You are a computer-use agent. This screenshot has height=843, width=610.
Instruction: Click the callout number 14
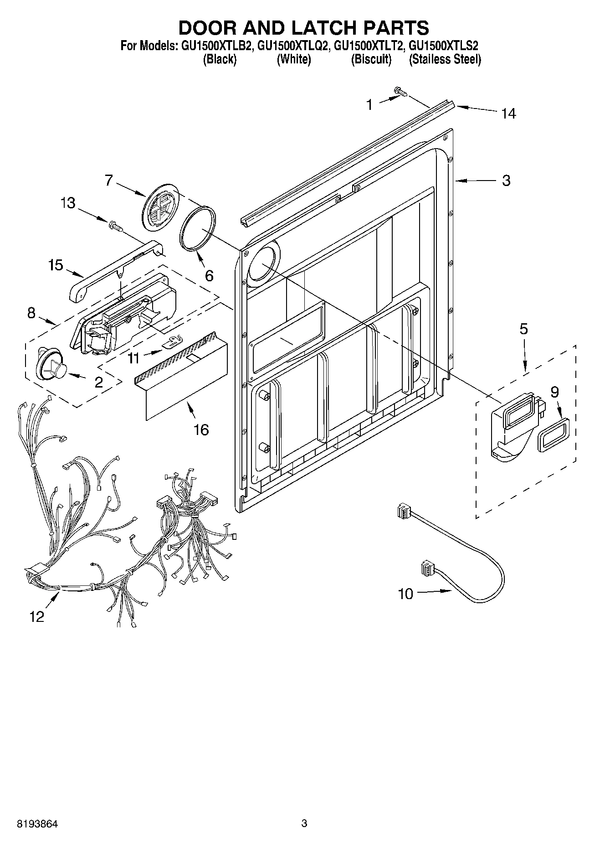click(x=508, y=114)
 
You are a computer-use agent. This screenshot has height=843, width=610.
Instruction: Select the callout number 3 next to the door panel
click(x=506, y=181)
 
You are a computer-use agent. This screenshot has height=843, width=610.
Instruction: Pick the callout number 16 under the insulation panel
click(x=201, y=429)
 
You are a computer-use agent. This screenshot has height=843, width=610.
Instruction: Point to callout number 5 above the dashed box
click(x=524, y=329)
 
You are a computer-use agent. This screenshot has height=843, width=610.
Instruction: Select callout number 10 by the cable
click(x=405, y=594)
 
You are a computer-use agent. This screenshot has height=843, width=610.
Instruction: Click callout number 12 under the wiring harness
click(x=37, y=617)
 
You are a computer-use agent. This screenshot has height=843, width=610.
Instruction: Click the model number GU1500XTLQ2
click(x=294, y=46)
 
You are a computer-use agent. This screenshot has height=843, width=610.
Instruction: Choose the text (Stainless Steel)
click(x=445, y=60)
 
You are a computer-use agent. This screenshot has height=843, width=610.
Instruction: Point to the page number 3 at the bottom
click(x=304, y=823)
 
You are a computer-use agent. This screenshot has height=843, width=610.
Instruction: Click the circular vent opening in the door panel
click(x=262, y=264)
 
